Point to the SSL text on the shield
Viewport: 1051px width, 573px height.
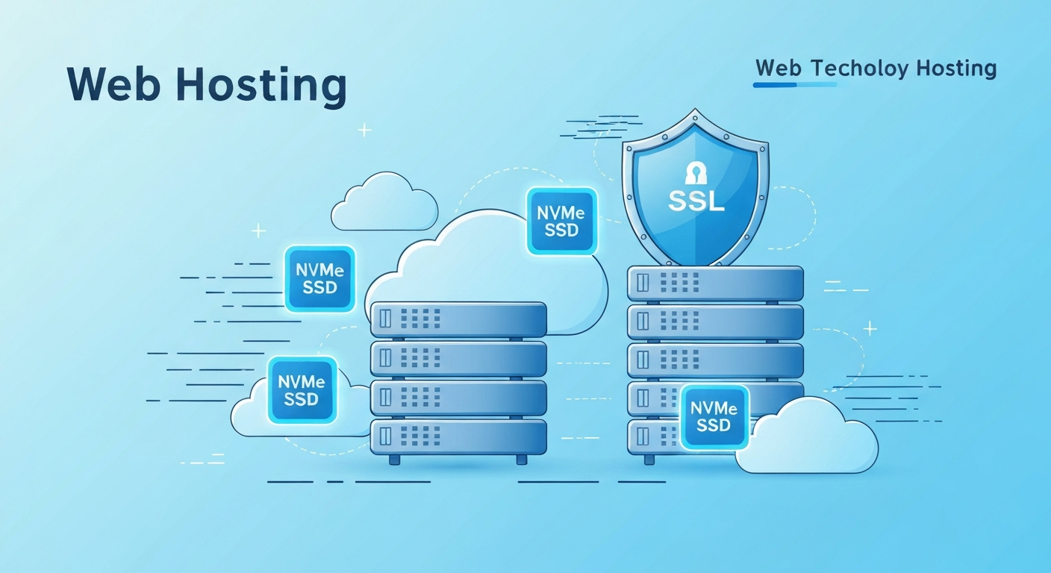point(695,201)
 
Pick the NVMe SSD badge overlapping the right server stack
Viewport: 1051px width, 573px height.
point(714,417)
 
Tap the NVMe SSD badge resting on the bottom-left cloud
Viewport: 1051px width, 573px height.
point(302,390)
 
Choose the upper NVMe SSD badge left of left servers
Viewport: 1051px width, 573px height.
point(319,279)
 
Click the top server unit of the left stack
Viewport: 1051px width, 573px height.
point(458,319)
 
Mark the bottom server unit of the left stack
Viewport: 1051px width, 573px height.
point(458,437)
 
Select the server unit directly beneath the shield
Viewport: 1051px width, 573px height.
point(715,284)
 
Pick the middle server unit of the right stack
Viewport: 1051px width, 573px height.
point(715,360)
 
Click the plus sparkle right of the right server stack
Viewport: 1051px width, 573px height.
point(870,328)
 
